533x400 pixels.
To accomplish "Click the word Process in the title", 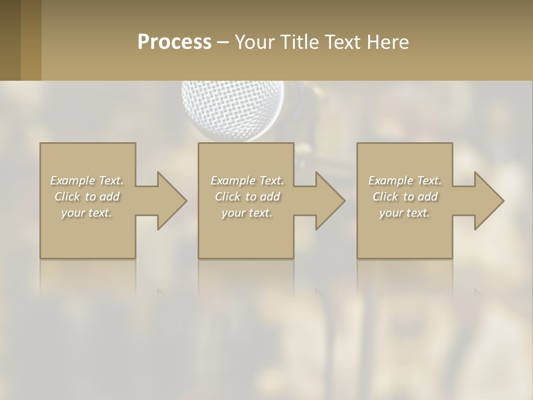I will point(174,42).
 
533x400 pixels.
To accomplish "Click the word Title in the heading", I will point(299,42).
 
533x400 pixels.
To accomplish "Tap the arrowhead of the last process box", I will point(488,201).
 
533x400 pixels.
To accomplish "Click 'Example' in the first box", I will point(73,181).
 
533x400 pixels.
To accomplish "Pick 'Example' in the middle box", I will point(233,181).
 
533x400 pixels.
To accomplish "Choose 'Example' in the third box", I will point(391,181).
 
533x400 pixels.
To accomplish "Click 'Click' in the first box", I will point(67,197).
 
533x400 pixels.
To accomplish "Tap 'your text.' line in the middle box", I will point(247,213).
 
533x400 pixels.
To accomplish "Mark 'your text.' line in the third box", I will point(405,213).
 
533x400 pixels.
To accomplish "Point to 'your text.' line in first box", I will point(87,213).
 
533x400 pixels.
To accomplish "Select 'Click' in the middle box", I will point(227,197).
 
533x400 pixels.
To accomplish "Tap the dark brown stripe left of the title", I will point(11,40).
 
